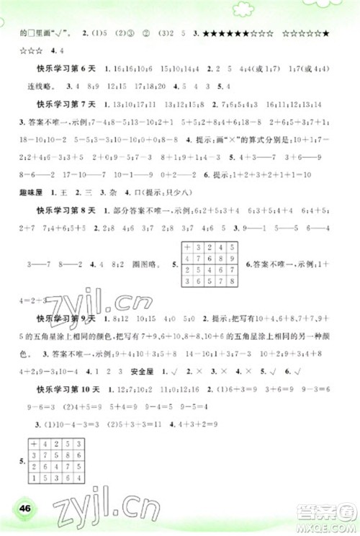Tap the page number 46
(25, 509)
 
